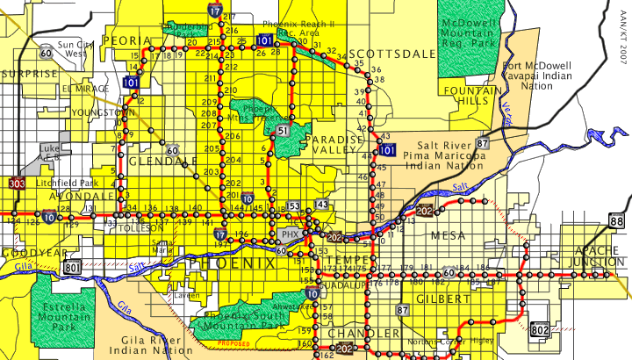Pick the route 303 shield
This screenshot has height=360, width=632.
coord(17,184)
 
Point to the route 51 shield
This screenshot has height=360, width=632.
coord(282,131)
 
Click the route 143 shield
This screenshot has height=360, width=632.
coord(322,204)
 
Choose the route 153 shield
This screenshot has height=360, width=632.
coord(293,206)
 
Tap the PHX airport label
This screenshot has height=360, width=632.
coord(290,235)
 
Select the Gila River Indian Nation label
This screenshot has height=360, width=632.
coord(151,343)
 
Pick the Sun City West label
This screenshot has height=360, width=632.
coord(71,48)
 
